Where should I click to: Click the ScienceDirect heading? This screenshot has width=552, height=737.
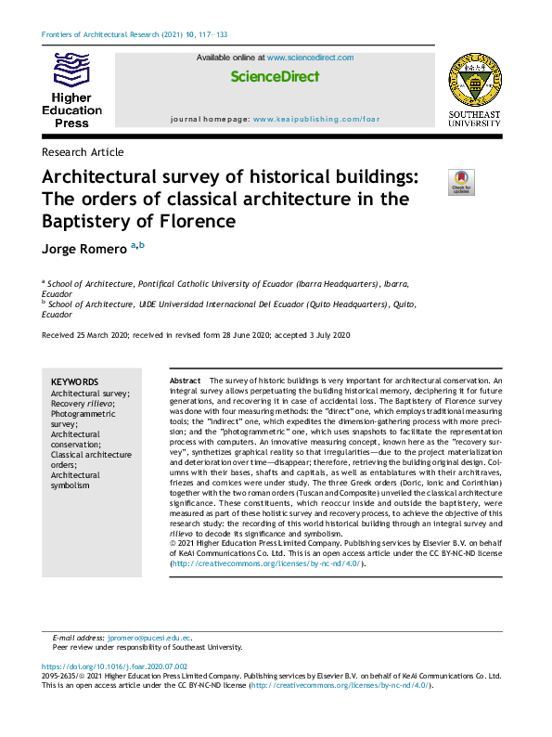point(275,77)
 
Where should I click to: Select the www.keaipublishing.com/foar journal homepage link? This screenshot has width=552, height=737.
point(316,120)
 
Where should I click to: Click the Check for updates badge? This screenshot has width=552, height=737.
point(461,182)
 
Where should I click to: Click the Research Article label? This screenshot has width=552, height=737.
point(83,152)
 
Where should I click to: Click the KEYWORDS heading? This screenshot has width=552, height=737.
point(74,381)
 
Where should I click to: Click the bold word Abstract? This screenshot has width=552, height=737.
point(185,381)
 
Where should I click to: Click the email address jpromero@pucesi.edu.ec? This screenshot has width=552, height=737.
point(149,639)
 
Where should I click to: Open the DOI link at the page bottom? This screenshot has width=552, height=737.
point(115,666)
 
